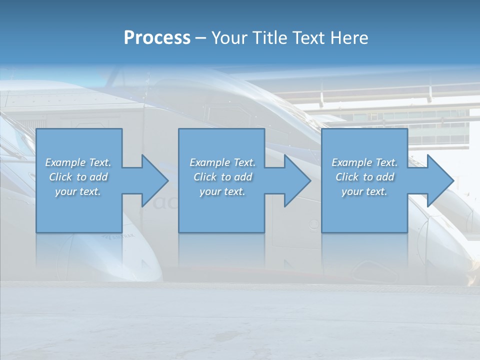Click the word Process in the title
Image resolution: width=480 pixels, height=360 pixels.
[157, 38]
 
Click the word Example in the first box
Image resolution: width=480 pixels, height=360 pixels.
[65, 162]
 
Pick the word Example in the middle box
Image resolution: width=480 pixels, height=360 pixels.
[209, 162]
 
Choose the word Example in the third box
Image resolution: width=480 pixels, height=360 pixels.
[351, 162]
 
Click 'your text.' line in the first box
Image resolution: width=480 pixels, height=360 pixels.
[78, 191]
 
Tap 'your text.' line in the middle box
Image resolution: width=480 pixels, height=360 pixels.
[222, 191]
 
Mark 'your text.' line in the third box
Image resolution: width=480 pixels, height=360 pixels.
[364, 191]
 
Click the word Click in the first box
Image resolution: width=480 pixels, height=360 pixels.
[60, 177]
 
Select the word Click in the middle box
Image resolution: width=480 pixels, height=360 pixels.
[205, 177]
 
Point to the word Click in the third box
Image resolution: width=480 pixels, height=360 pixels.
[347, 177]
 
